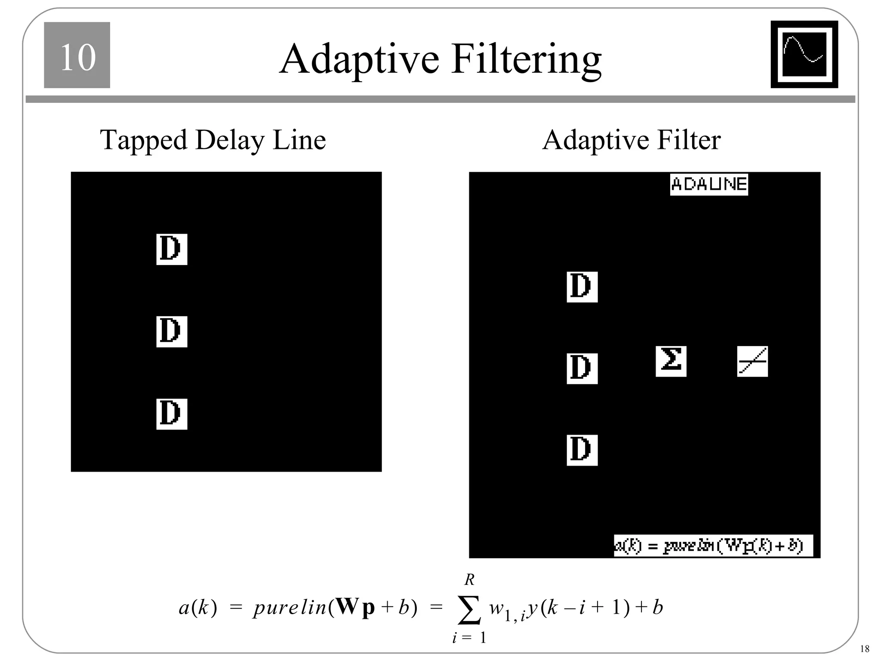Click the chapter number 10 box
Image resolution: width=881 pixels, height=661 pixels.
(x=77, y=55)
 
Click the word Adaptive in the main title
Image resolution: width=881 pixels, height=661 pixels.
(x=359, y=59)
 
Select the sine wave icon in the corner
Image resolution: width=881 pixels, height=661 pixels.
(x=804, y=54)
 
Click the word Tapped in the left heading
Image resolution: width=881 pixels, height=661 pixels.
(x=144, y=141)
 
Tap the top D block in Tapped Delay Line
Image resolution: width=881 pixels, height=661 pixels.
(x=172, y=249)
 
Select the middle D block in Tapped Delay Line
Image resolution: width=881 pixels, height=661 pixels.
(x=172, y=331)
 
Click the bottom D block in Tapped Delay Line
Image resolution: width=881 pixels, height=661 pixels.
(x=172, y=414)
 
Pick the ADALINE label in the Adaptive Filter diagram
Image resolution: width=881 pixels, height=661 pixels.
(x=708, y=185)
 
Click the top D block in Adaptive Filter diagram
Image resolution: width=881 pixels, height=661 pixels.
(x=582, y=287)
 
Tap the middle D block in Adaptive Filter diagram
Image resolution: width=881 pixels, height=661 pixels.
(x=582, y=368)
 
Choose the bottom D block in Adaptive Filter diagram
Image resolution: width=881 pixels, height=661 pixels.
(x=582, y=450)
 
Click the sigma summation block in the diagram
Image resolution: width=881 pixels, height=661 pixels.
(x=671, y=361)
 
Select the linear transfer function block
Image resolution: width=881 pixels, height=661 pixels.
(x=752, y=361)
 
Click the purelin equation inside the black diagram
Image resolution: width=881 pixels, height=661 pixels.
(x=713, y=546)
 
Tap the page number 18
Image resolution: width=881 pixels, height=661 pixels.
(x=865, y=649)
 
